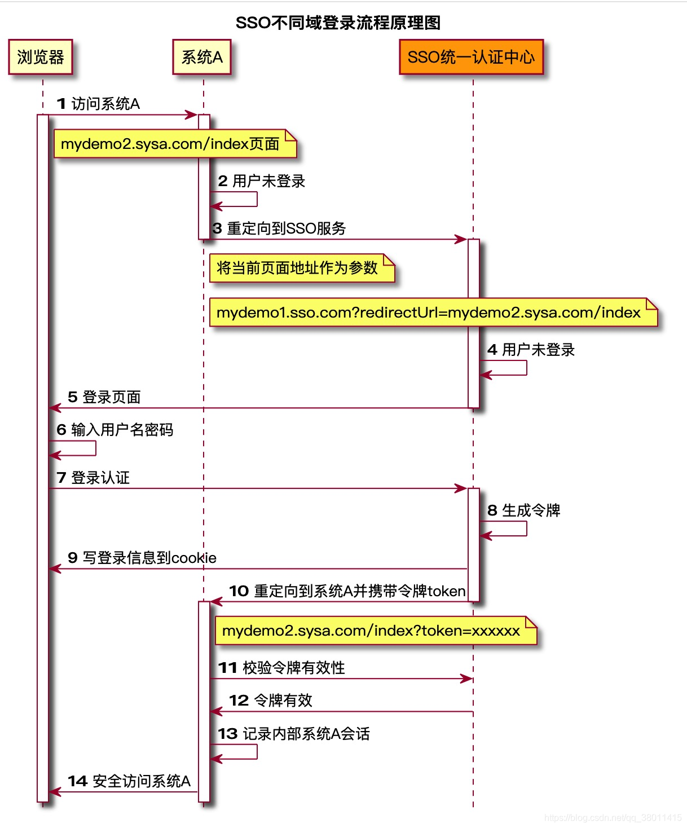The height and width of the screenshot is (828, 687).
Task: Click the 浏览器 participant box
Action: [x=41, y=57]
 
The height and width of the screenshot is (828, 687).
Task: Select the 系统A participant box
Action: [x=202, y=57]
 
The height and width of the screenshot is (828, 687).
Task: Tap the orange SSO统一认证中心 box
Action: [x=471, y=57]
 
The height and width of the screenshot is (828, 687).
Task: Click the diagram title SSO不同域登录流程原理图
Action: [x=338, y=23]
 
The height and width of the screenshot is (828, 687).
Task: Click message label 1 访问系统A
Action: [x=99, y=104]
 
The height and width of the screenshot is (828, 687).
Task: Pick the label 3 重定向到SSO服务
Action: [x=280, y=228]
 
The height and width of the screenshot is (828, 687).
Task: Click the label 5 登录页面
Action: [x=104, y=397]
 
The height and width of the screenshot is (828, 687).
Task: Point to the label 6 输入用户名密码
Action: [x=115, y=430]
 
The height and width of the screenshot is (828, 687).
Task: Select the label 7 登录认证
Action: [x=94, y=478]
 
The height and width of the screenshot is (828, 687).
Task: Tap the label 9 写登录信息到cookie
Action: [x=142, y=558]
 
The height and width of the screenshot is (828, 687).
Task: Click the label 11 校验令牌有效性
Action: [x=282, y=668]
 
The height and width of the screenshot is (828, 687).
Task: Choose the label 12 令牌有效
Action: [x=271, y=701]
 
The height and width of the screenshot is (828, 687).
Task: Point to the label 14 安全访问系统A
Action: [x=129, y=781]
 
